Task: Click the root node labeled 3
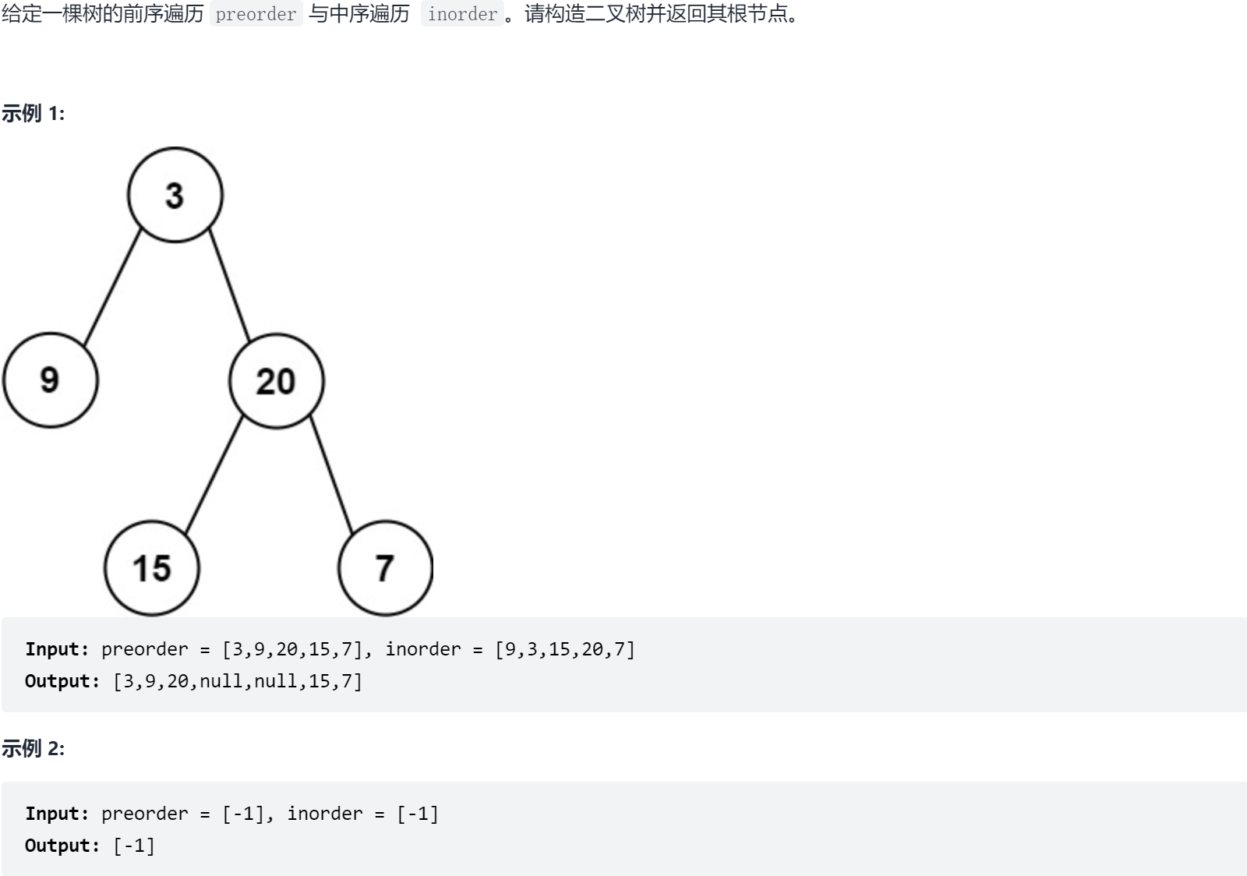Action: (175, 195)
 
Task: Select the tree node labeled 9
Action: (50, 380)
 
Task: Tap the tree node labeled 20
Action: (276, 381)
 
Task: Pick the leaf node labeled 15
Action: (151, 568)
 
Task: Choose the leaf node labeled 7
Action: (385, 568)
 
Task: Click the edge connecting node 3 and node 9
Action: (112, 288)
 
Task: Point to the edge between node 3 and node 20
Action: (230, 286)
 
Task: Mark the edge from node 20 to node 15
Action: (214, 475)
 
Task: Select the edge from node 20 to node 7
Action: (331, 475)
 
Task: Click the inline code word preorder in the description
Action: (256, 15)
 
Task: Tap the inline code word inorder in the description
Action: (462, 15)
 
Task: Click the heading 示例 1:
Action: (33, 114)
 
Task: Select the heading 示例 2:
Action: (33, 749)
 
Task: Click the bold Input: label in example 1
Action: (57, 649)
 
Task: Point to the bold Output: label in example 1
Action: (62, 681)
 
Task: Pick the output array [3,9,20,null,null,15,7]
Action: (238, 681)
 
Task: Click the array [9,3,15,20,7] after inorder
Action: (565, 649)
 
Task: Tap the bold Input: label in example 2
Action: (57, 814)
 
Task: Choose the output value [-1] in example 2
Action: (134, 846)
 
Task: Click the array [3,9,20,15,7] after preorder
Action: (292, 649)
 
